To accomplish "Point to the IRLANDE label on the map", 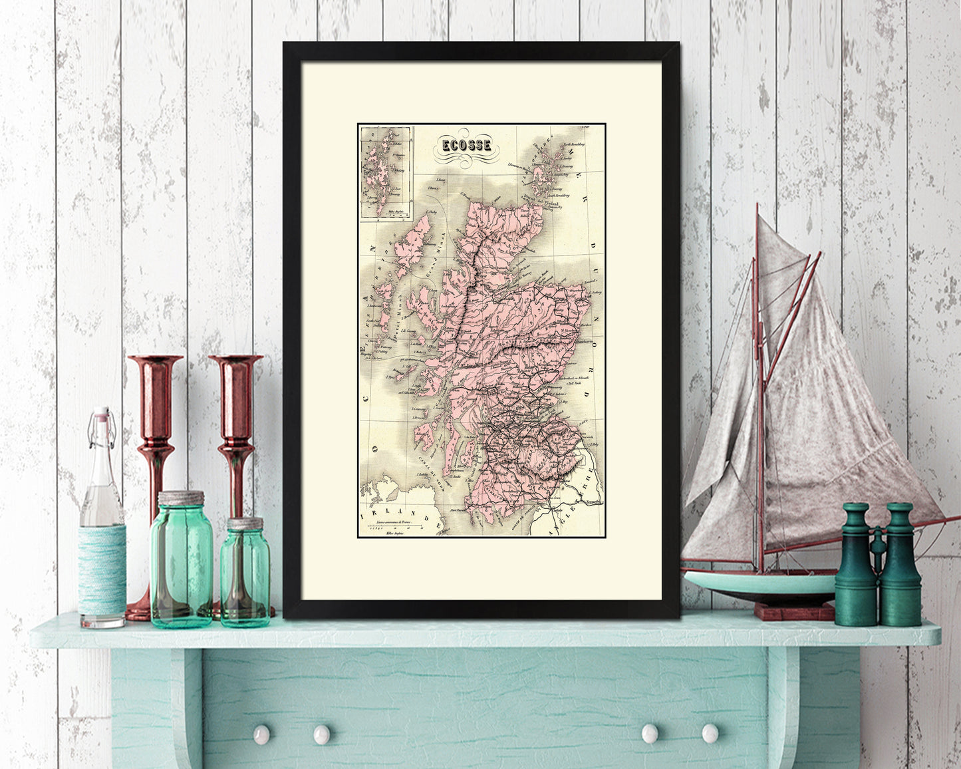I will pos(398,519).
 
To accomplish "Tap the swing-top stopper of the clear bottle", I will pos(100,417).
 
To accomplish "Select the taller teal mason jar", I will pos(182,562).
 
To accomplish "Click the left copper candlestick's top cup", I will pos(155,363).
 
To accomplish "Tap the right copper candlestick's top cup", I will pos(235,363).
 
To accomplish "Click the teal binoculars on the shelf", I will pos(877,565).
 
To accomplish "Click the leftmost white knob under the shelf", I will pos(261,734).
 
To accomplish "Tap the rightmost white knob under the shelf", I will pos(710,733).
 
